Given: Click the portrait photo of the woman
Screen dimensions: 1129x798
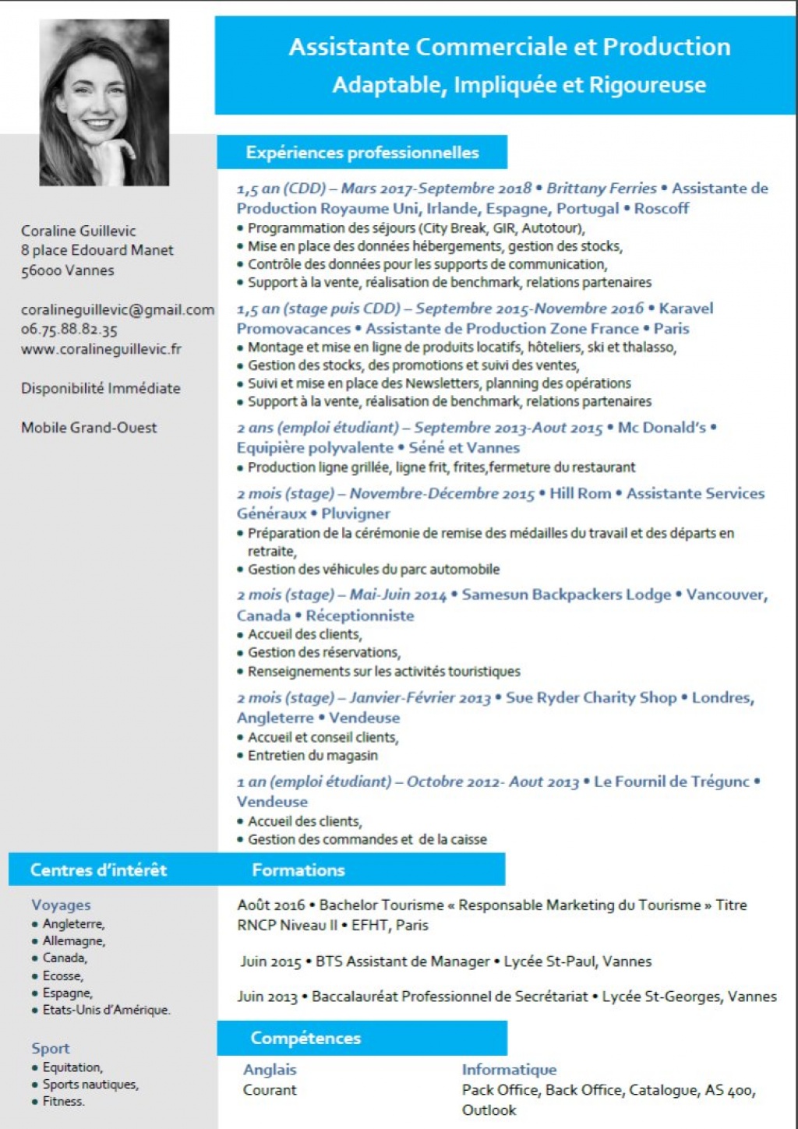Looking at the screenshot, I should [x=104, y=102].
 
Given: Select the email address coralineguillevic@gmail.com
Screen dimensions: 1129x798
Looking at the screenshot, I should [x=117, y=309].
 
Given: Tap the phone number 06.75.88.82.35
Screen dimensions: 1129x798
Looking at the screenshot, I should [x=69, y=329].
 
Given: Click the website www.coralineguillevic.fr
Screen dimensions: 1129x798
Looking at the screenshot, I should [x=101, y=348].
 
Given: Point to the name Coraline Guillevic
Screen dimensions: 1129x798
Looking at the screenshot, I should [x=78, y=231].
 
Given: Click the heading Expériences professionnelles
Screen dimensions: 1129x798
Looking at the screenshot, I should [x=362, y=153].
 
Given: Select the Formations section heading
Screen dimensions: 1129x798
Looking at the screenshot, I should [x=298, y=870].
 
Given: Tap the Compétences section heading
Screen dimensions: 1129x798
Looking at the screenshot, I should [x=305, y=1038].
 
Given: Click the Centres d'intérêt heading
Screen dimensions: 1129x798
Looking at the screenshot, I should [x=98, y=870].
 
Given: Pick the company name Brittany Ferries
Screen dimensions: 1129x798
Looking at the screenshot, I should [x=601, y=188].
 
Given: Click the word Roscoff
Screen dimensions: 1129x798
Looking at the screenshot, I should [x=662, y=208].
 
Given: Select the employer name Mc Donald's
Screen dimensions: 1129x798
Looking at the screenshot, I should [x=662, y=427].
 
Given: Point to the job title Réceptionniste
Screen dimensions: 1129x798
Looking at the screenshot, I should [x=359, y=615].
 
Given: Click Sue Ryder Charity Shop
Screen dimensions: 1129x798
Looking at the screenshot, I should [x=591, y=697].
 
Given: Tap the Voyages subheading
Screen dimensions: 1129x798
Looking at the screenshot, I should [x=61, y=905].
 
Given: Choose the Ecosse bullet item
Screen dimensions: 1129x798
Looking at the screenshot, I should [x=62, y=976].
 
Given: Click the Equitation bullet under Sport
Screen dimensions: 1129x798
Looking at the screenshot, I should [x=72, y=1067].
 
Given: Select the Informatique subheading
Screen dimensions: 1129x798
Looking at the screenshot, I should [x=509, y=1070].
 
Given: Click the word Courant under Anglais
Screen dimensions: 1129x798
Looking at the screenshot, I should [x=270, y=1089].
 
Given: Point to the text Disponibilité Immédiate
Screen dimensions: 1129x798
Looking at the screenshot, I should [x=101, y=388].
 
